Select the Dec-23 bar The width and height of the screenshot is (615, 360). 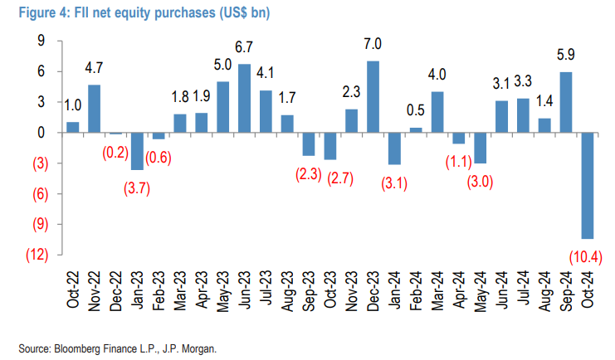pos(373,97)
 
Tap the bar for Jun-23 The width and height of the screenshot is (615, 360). pos(244,98)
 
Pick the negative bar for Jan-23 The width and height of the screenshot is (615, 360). pos(137,151)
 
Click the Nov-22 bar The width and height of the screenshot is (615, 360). pos(94,109)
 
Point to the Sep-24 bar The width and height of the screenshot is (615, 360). pos(566,102)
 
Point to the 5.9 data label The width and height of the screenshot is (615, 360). pos(566,56)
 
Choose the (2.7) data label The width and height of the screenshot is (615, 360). pos(329,177)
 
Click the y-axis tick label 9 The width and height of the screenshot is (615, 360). pos(39,41)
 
